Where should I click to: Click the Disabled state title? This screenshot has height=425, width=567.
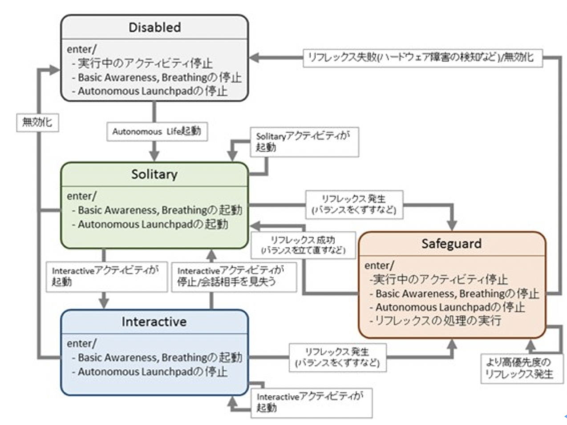tap(154, 28)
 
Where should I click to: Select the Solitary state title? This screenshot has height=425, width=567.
tap(154, 174)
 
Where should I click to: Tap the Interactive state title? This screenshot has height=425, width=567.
tap(154, 322)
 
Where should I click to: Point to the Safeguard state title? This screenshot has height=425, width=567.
tap(451, 244)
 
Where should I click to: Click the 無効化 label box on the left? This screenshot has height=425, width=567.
tap(37, 122)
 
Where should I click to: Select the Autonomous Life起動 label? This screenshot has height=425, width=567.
tap(157, 132)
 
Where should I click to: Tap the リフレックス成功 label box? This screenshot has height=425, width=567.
tap(303, 245)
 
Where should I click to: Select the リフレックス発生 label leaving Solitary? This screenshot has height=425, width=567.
tap(354, 204)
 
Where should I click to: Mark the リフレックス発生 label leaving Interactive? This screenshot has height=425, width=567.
tap(337, 357)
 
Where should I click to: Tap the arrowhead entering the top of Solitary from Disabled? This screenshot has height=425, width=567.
tap(154, 155)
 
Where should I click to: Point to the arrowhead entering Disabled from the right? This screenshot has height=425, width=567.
tap(255, 58)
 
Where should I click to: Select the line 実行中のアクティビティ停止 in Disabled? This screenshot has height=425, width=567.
tap(145, 63)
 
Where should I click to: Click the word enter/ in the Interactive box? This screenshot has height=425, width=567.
tap(81, 344)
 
